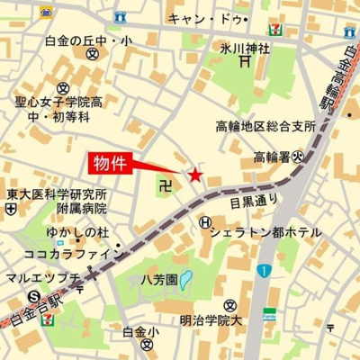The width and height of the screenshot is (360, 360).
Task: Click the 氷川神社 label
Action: coord(244,48)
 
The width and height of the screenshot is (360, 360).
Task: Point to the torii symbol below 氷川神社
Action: coord(245,62)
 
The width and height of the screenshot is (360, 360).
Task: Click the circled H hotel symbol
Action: coord(206,222)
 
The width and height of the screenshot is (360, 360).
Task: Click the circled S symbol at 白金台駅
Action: coord(33,296)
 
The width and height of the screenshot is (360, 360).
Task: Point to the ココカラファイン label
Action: coord(67,255)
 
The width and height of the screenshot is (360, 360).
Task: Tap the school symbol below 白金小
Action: coord(141,346)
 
